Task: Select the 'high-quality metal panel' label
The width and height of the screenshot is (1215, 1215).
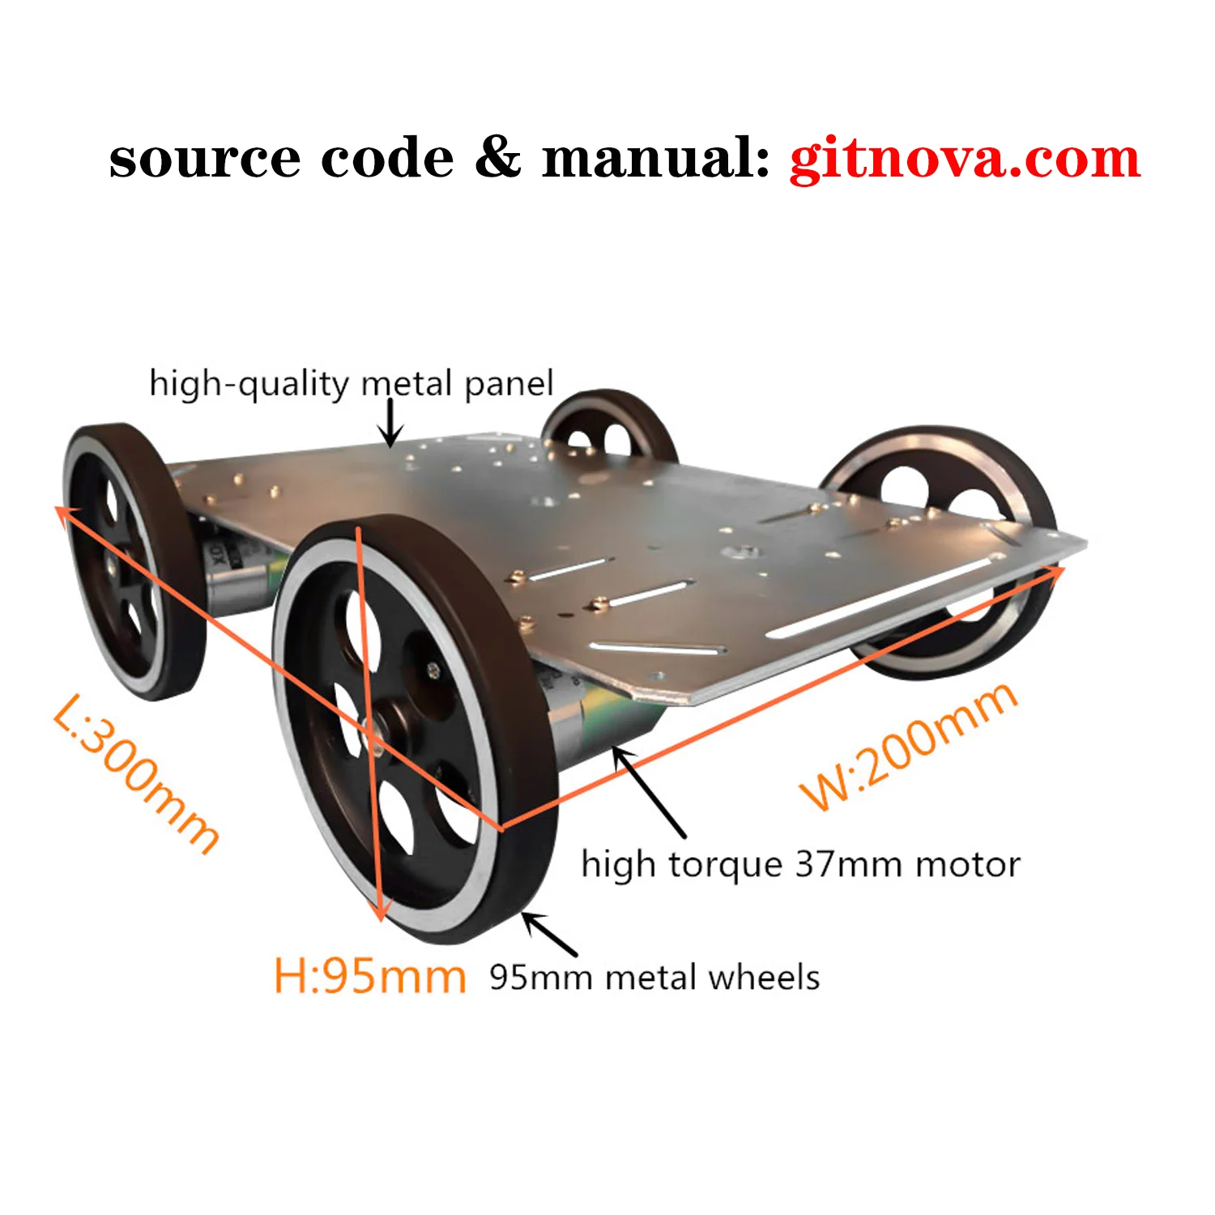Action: tap(352, 384)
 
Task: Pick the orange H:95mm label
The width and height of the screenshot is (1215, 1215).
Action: tap(369, 976)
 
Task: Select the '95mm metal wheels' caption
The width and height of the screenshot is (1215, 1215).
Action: tap(654, 977)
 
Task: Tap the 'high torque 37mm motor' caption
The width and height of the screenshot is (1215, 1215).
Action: tap(800, 864)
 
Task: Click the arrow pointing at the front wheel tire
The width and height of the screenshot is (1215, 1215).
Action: tap(550, 934)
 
